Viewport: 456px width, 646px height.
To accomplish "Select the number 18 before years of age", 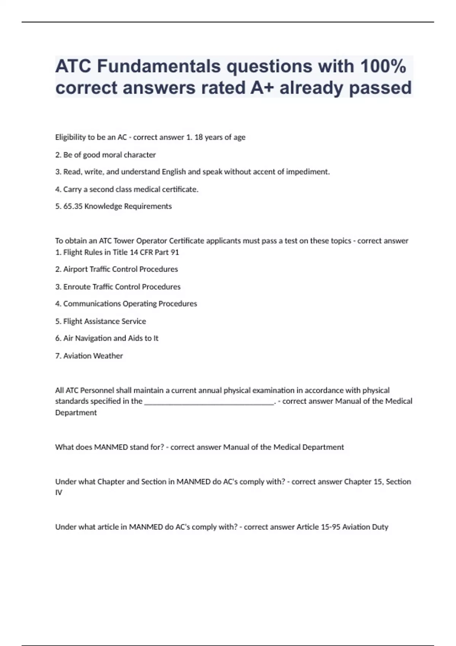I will [198, 137].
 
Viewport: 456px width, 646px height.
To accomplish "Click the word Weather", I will [110, 356].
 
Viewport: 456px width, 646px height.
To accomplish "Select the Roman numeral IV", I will [59, 492].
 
